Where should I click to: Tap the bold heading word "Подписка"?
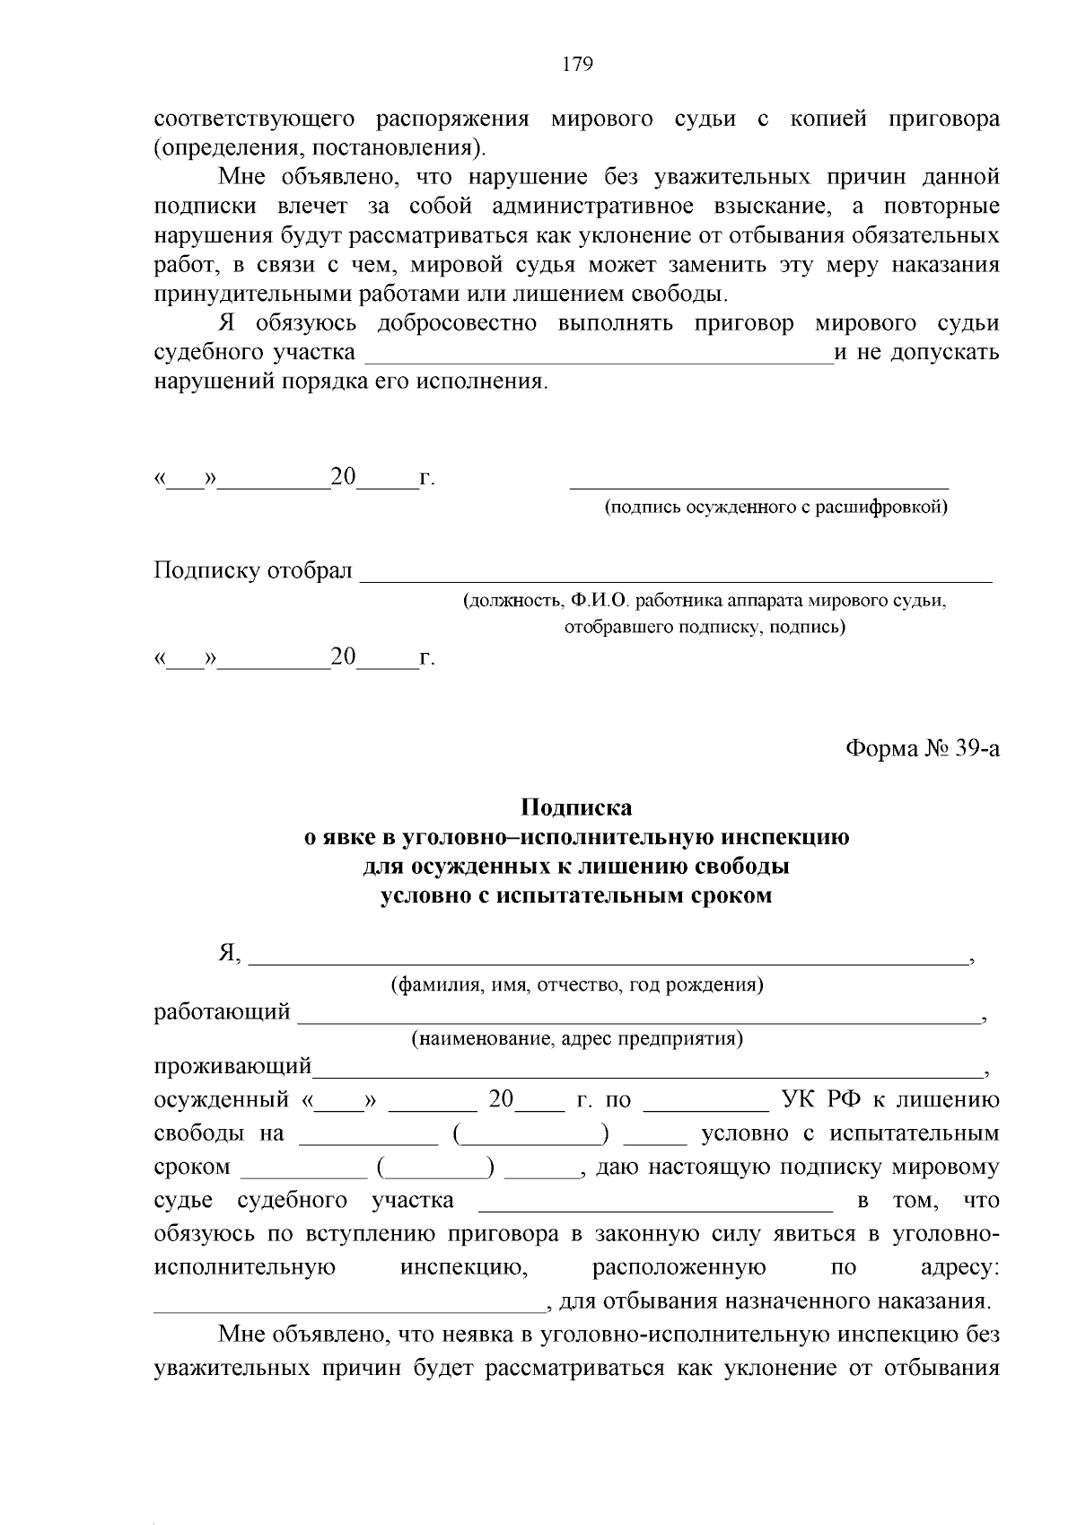point(577,807)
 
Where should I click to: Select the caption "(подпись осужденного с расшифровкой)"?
point(775,507)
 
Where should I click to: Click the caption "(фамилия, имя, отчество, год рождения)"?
point(577,985)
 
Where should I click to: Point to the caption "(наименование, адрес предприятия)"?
point(577,1039)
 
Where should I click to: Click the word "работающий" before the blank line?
point(222,1012)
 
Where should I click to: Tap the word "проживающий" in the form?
point(232,1067)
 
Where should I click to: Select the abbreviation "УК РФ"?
point(821,1099)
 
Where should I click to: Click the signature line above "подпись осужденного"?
point(759,486)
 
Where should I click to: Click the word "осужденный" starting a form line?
point(222,1099)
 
